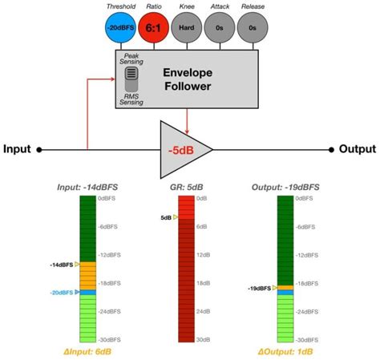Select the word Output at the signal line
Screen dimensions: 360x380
pyautogui.click(x=357, y=149)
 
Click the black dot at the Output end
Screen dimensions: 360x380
pyautogui.click(x=331, y=149)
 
